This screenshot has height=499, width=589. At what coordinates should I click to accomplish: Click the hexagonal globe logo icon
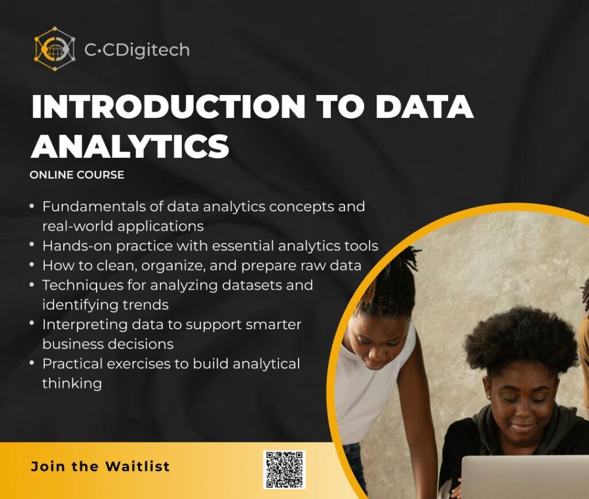(55, 49)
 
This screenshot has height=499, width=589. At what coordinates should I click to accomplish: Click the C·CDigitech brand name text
(137, 50)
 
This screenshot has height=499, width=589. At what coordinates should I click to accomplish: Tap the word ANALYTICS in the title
(130, 146)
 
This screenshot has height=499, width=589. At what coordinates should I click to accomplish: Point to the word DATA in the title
(424, 106)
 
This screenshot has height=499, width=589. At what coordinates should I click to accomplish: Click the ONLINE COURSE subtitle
(77, 175)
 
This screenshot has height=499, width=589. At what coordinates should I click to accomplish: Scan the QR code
(284, 470)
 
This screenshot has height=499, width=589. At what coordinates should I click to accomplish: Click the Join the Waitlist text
(100, 466)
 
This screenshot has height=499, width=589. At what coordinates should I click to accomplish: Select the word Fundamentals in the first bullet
(93, 206)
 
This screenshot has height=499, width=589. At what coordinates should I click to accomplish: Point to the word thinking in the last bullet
(72, 384)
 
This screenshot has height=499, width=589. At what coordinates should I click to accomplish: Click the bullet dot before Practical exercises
(32, 363)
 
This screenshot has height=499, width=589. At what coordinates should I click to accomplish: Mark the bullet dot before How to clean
(32, 264)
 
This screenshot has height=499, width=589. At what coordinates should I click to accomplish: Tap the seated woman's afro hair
(520, 340)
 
